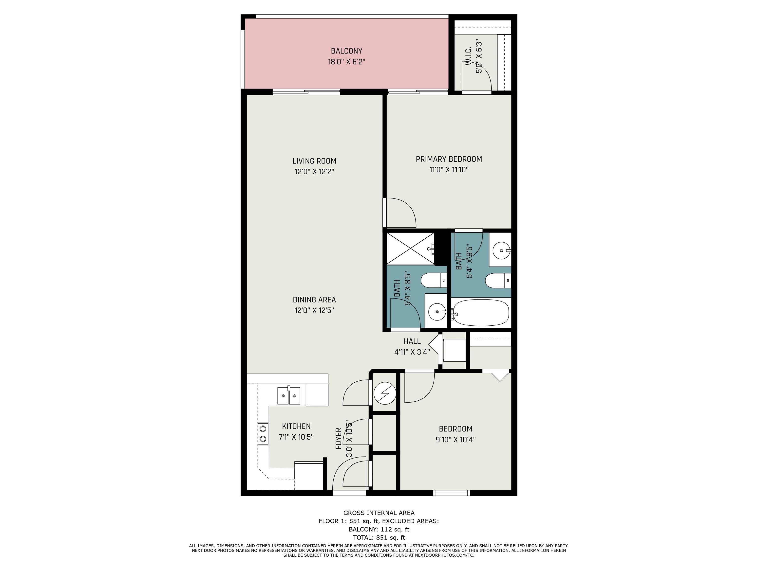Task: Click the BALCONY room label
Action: click(346, 51)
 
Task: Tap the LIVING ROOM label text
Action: click(314, 161)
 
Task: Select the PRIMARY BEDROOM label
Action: click(449, 159)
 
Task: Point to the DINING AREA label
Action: click(314, 300)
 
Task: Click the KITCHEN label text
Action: click(296, 426)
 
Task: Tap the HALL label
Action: click(412, 341)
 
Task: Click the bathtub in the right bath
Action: click(481, 312)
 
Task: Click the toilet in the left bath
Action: click(434, 280)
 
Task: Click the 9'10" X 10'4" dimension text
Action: click(455, 440)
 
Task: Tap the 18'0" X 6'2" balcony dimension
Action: click(346, 62)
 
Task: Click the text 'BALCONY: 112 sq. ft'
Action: click(379, 529)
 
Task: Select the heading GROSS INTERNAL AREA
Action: click(379, 513)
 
